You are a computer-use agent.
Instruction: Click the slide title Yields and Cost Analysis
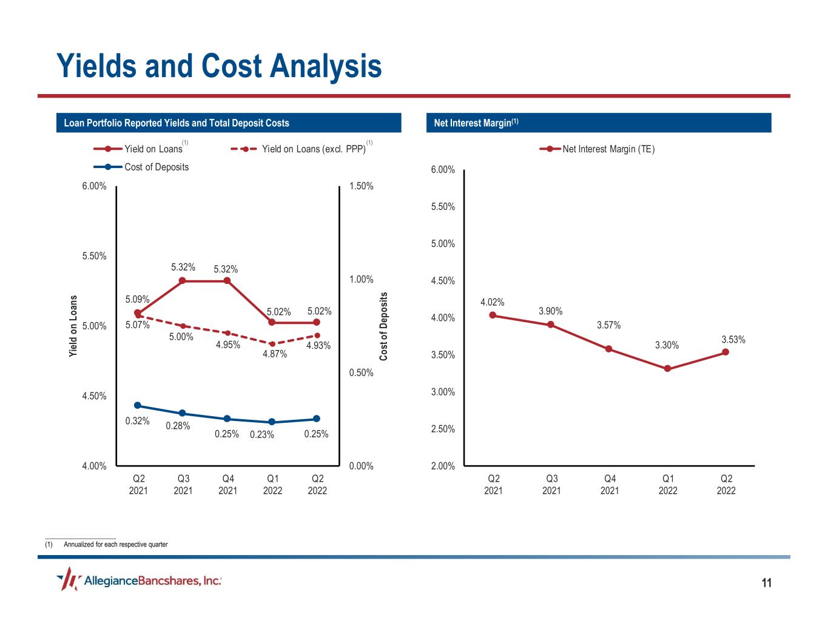[x=219, y=66]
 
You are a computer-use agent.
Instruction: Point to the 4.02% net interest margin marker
[x=493, y=315]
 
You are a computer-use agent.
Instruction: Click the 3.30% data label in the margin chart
[x=667, y=345]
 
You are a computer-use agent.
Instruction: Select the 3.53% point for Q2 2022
[x=725, y=352]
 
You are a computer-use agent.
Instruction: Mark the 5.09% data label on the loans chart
[x=137, y=299]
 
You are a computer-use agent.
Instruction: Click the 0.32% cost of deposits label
[x=137, y=421]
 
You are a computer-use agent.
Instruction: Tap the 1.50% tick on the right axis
[x=362, y=186]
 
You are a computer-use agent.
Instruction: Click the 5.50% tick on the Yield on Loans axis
[x=94, y=256]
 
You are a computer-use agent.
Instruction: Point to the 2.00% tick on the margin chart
[x=443, y=466]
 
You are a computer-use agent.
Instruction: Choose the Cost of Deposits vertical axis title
[x=383, y=326]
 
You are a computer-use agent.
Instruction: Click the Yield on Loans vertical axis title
[x=73, y=326]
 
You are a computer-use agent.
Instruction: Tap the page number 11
[x=767, y=584]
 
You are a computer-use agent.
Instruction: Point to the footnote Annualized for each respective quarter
[x=115, y=544]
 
